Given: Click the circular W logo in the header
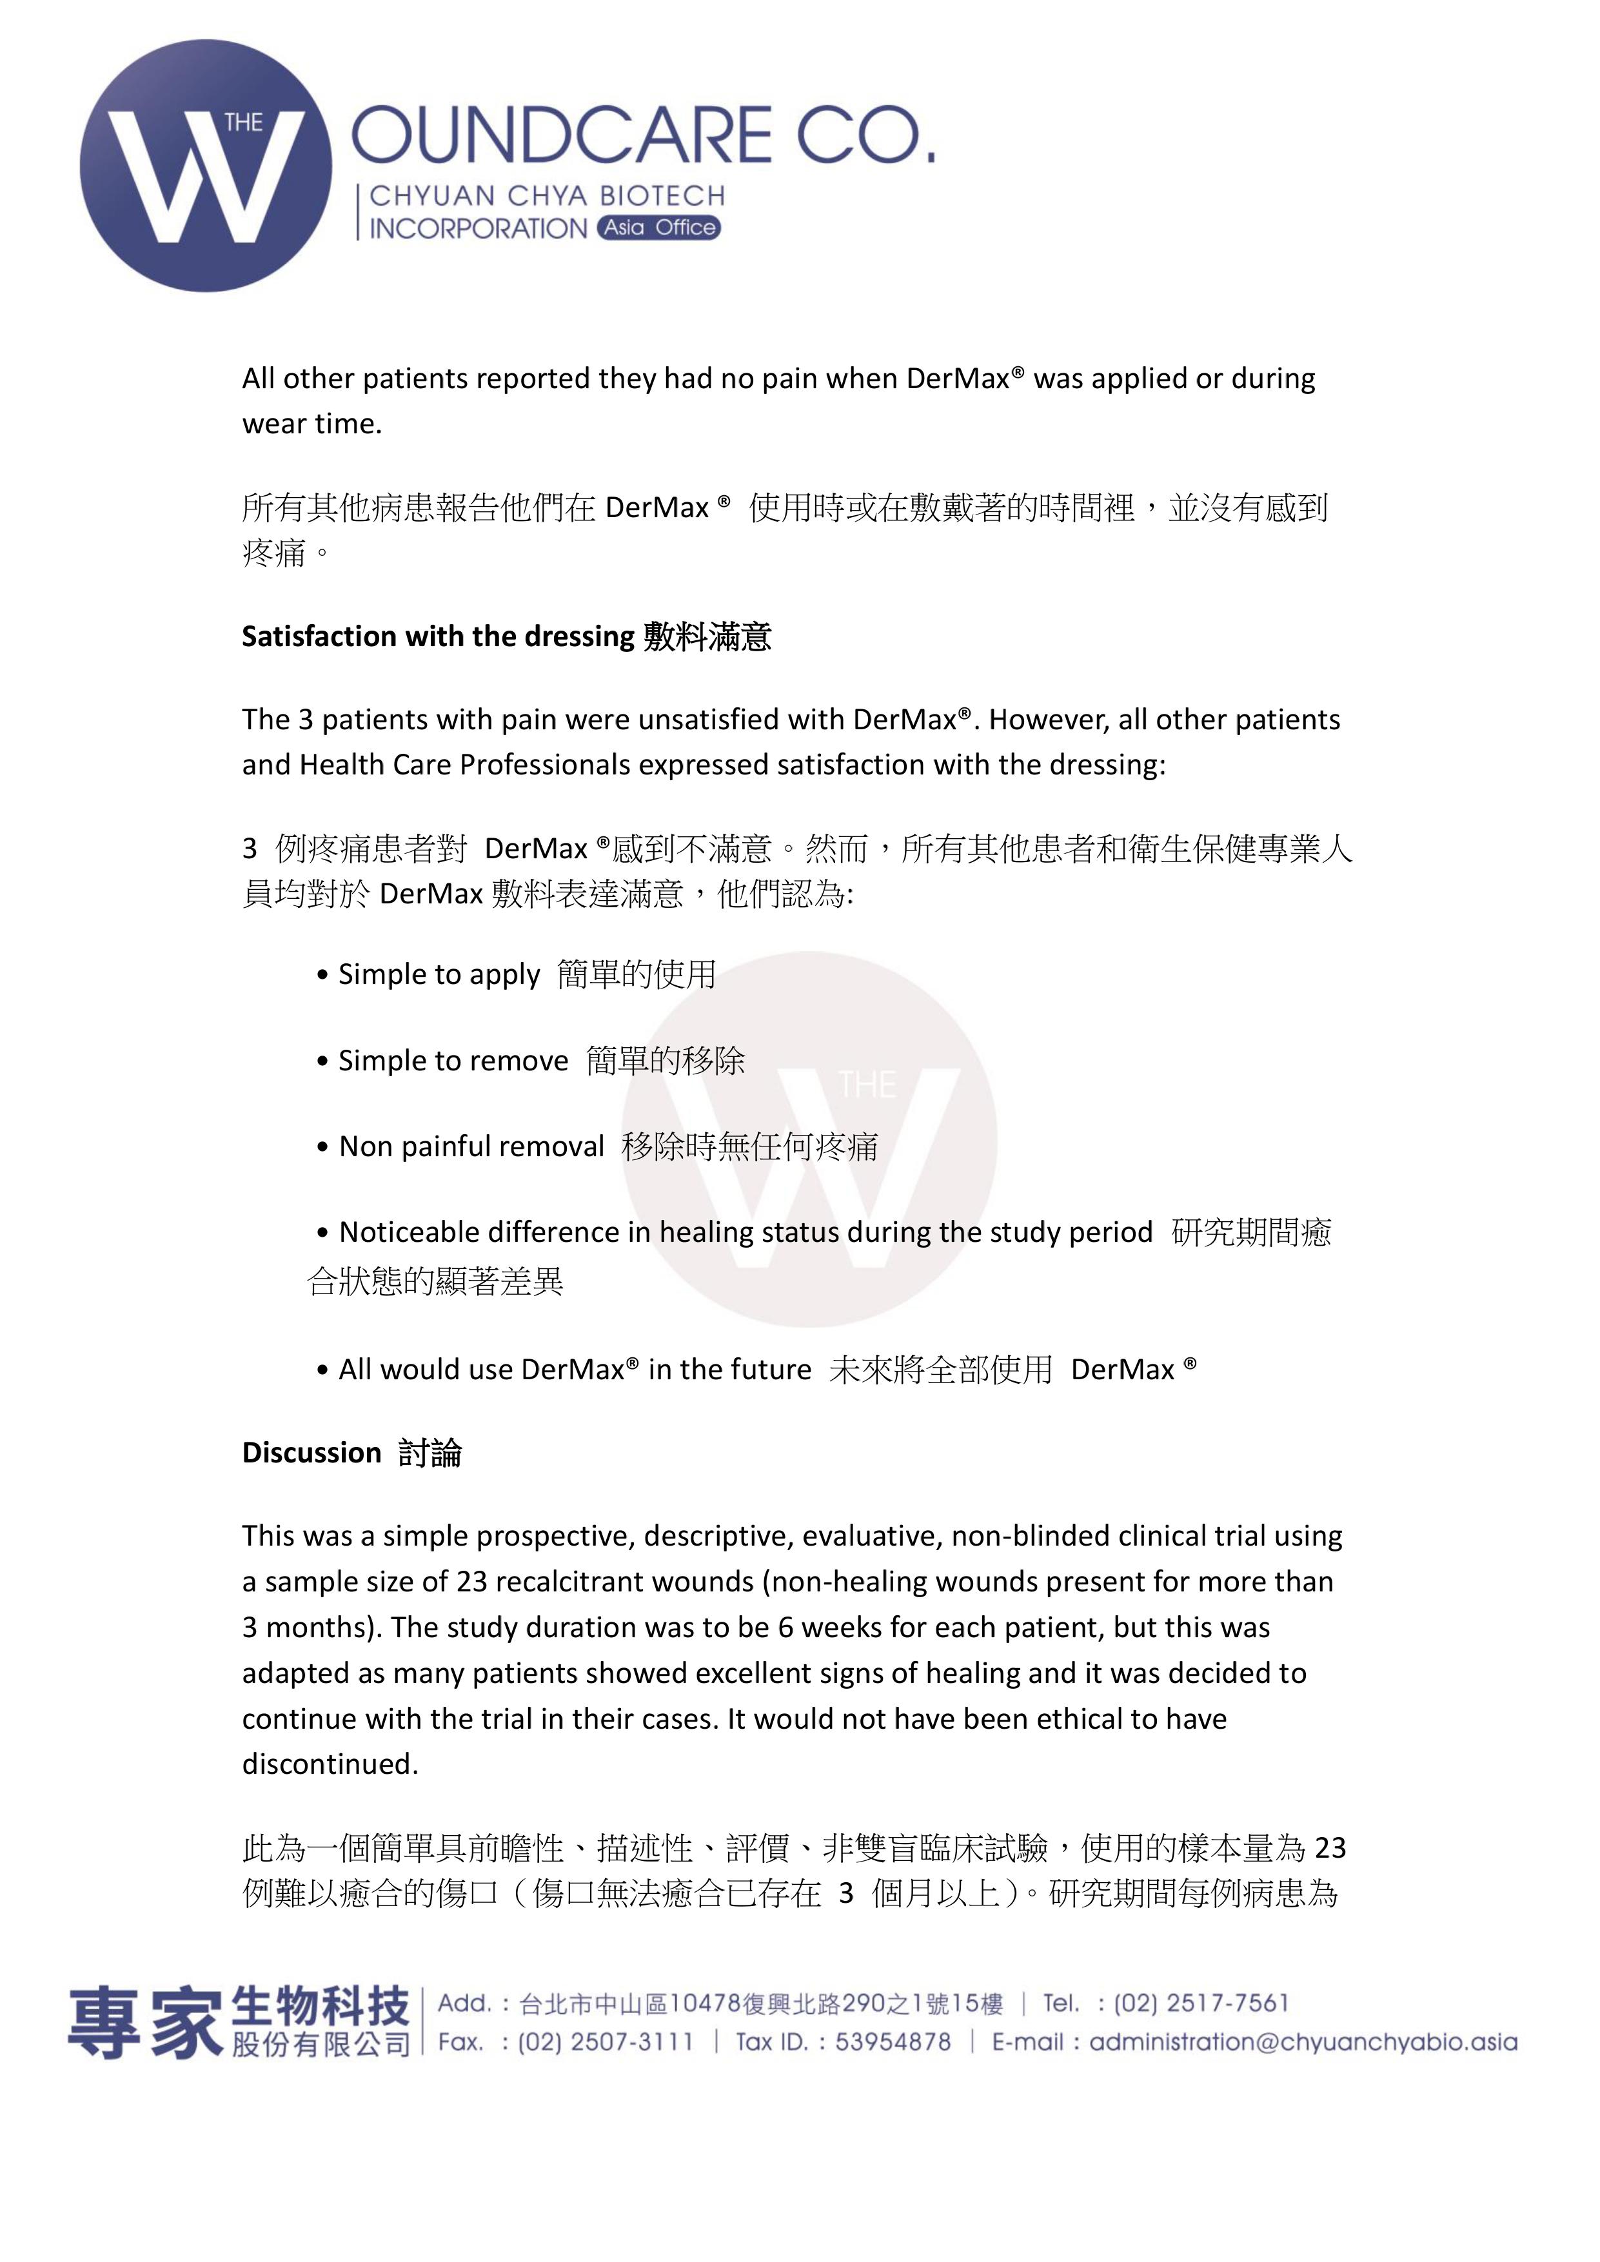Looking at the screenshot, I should pyautogui.click(x=206, y=166).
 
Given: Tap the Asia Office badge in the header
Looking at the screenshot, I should pyautogui.click(x=658, y=228).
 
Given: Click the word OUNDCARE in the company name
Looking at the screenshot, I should pyautogui.click(x=562, y=136).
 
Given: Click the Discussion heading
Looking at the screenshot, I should pyautogui.click(x=311, y=1452).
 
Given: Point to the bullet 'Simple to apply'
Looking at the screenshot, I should pyautogui.click(x=439, y=974).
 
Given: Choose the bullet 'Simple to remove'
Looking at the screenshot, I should pyautogui.click(x=453, y=1060).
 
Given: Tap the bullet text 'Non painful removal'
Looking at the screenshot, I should pyautogui.click(x=471, y=1146).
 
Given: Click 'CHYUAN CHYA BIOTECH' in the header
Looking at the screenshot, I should pyautogui.click(x=547, y=196).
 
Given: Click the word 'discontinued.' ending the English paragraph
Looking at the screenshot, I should pyautogui.click(x=330, y=1764).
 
